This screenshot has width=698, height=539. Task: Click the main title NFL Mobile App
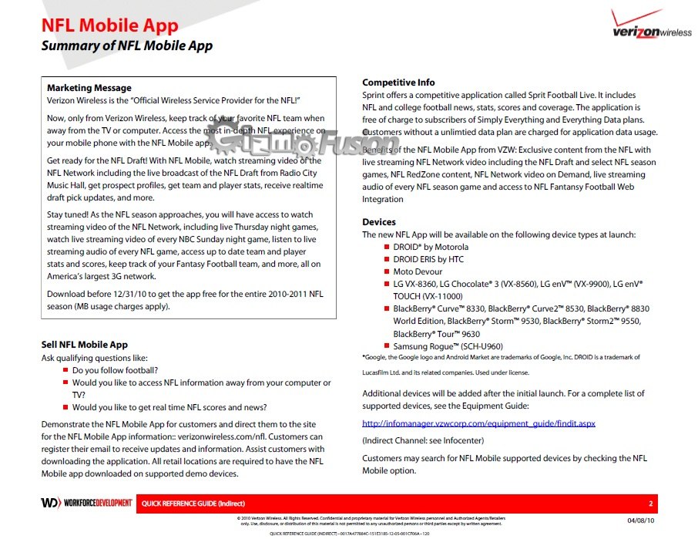click(x=109, y=26)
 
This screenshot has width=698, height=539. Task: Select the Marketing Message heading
click(x=89, y=88)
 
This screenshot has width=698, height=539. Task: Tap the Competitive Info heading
click(x=398, y=83)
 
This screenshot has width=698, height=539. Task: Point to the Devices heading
click(x=379, y=222)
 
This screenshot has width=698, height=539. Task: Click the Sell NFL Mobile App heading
click(x=84, y=345)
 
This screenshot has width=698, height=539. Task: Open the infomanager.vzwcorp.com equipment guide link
click(x=478, y=423)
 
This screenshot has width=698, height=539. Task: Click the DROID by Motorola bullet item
click(x=431, y=247)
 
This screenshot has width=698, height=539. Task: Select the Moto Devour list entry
click(x=418, y=271)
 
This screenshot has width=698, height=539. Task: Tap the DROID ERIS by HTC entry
click(x=428, y=259)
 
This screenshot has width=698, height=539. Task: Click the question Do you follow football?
click(x=116, y=370)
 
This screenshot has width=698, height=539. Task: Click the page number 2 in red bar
click(x=651, y=504)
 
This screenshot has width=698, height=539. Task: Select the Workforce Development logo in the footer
click(x=87, y=503)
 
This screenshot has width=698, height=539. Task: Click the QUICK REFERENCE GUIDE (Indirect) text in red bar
click(x=182, y=504)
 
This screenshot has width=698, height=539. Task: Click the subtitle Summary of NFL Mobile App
click(x=126, y=45)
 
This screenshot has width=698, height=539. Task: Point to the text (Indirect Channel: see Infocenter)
click(x=423, y=440)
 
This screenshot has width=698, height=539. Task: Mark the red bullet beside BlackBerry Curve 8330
click(x=387, y=308)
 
